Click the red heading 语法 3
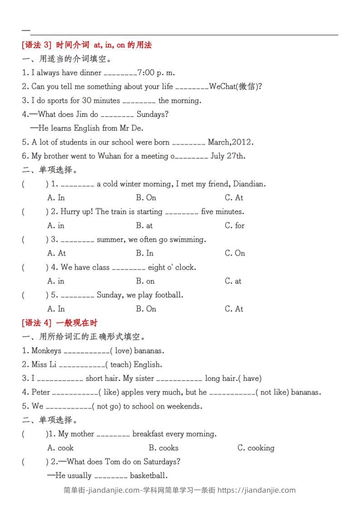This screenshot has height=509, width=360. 38,45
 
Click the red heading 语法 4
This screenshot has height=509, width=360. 38,323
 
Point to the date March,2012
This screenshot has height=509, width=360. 230,142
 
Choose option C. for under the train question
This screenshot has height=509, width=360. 235,225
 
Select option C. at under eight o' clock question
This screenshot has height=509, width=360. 233,281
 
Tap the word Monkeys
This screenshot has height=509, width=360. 46,351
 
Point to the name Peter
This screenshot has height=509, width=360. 41,392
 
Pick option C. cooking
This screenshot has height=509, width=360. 256,448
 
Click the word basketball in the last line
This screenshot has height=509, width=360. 148,476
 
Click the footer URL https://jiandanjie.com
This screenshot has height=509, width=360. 257,490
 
